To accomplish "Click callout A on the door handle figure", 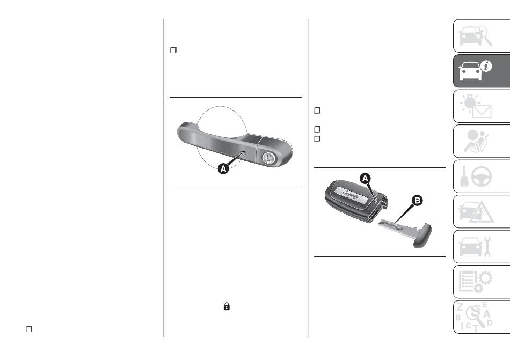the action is [223, 168].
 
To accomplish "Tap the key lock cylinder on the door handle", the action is [268, 158].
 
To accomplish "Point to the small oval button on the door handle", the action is [243, 152].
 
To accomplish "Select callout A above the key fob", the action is [365, 178].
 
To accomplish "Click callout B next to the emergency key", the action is [417, 201].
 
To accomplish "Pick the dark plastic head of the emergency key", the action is [422, 236].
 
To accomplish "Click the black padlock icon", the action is [227, 306].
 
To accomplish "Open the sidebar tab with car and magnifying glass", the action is [482, 36].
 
